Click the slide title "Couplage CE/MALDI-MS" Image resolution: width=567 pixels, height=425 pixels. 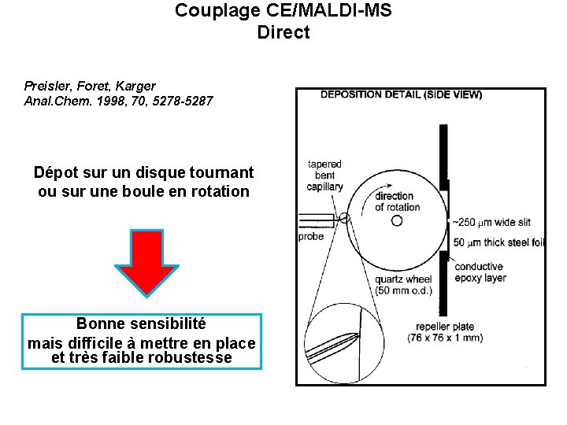click(283, 11)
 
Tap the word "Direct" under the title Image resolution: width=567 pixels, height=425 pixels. click(283, 33)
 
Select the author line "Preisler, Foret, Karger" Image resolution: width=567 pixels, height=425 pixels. click(90, 86)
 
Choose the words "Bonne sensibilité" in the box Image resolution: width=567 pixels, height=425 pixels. click(141, 323)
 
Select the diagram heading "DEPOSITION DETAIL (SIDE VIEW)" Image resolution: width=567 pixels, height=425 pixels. click(401, 94)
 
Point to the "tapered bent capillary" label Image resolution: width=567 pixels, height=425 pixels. click(324, 176)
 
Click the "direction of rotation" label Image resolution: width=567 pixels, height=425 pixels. click(397, 201)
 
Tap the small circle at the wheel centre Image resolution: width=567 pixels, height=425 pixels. click(397, 221)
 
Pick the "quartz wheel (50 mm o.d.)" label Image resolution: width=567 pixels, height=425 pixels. click(403, 285)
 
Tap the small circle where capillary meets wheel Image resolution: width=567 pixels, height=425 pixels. click(344, 219)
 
